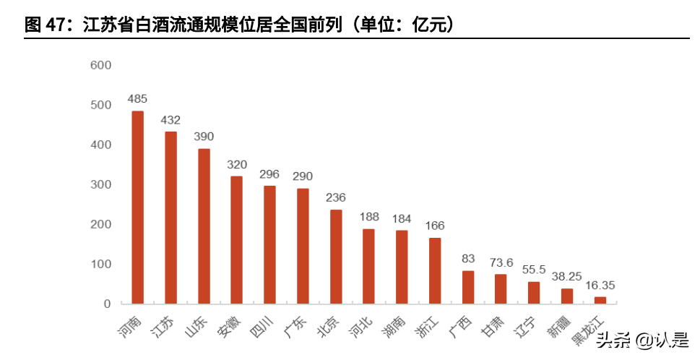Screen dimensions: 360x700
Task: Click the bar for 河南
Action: click(137, 207)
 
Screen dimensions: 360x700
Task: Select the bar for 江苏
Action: click(170, 218)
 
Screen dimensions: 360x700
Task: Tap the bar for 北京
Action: click(336, 257)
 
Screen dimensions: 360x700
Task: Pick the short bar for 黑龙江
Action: click(600, 300)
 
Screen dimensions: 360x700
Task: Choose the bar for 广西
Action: click(468, 287)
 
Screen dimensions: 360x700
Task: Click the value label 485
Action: click(137, 98)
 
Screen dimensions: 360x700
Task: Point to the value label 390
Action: click(204, 136)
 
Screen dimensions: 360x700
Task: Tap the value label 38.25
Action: click(567, 275)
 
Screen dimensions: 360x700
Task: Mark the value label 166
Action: click(435, 225)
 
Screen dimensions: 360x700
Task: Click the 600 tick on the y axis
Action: click(100, 65)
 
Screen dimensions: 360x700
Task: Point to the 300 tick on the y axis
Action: click(100, 184)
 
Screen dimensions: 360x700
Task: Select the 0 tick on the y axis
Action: click(106, 304)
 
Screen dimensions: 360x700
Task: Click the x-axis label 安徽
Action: click(229, 326)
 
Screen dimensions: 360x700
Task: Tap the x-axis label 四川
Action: click(262, 326)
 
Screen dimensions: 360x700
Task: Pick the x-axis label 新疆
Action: click(560, 326)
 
